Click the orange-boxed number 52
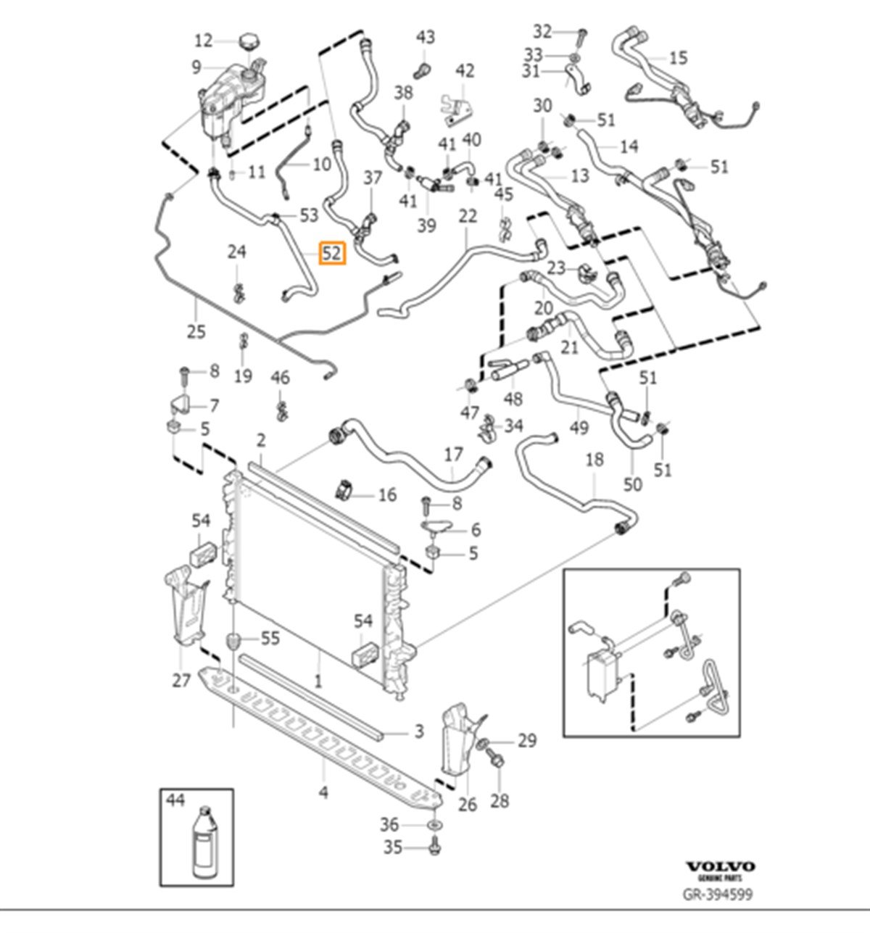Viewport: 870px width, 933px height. tap(333, 253)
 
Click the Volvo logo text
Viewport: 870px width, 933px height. tap(720, 866)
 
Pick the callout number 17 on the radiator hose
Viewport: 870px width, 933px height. tap(454, 456)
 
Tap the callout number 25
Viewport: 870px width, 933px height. tap(196, 331)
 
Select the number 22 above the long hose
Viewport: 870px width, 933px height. tap(468, 215)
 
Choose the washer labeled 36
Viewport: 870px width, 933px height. tap(434, 826)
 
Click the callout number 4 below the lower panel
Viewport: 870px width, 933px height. tap(323, 792)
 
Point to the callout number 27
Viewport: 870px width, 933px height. tap(181, 680)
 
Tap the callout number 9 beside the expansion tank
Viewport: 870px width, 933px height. tap(196, 67)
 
